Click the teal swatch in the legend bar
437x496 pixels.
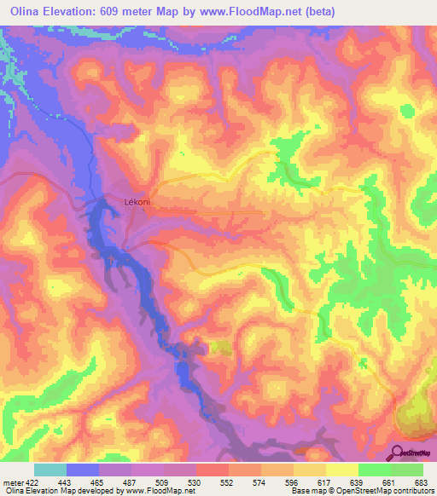(50, 470)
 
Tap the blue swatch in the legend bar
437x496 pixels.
(83, 470)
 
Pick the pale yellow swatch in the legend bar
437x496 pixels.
(342, 470)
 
